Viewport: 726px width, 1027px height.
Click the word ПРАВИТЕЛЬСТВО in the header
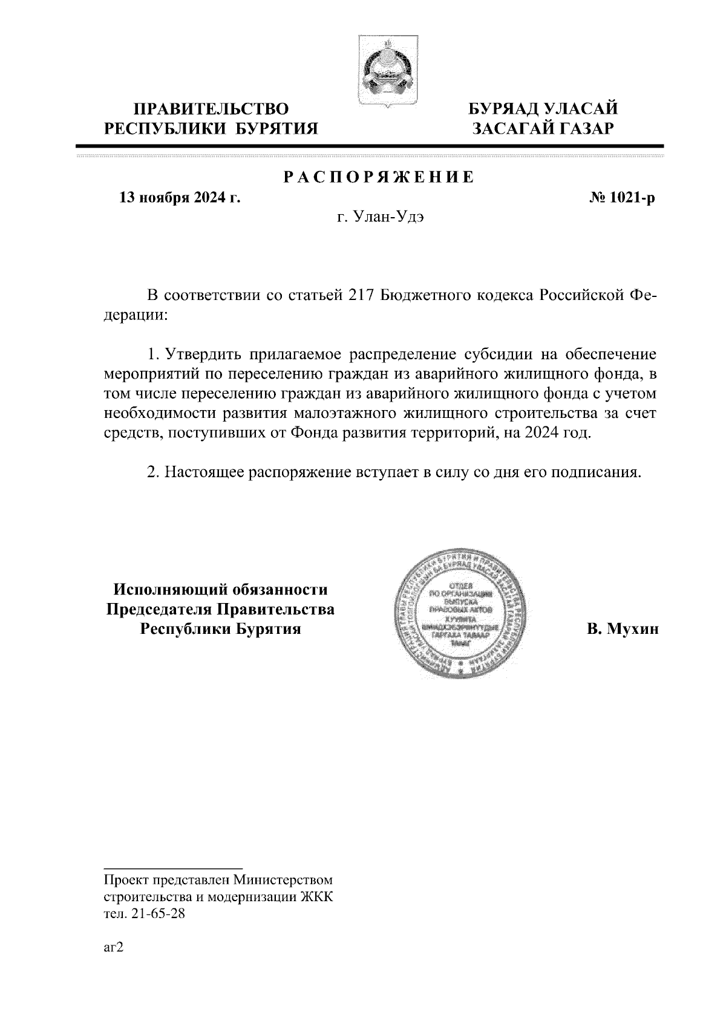point(211,109)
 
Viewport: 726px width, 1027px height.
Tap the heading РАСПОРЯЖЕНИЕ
point(379,178)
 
